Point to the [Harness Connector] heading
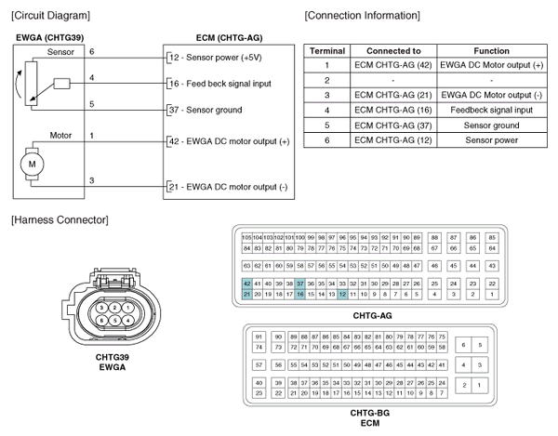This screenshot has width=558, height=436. [58, 219]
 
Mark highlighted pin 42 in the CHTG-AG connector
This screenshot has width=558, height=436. [246, 283]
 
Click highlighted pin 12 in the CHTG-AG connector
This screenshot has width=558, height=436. [343, 294]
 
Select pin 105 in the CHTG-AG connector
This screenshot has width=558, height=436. [246, 238]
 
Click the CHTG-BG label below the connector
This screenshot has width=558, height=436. [368, 410]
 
